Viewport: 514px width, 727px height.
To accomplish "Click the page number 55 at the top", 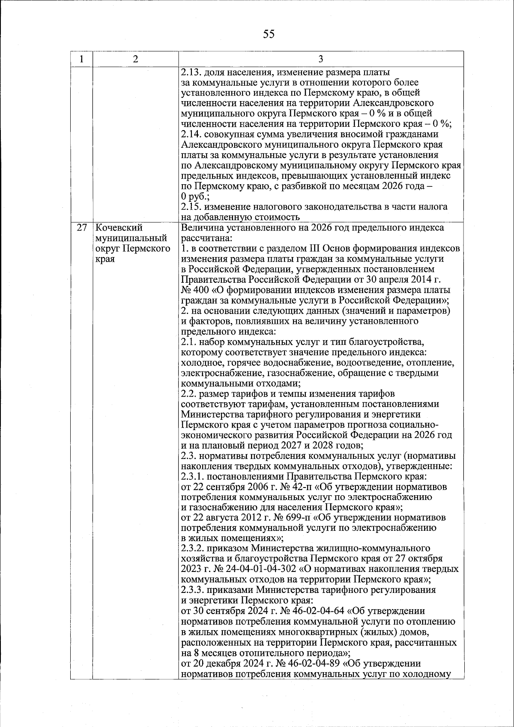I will click(x=269, y=34).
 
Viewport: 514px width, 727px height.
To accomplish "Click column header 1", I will click(x=81, y=59).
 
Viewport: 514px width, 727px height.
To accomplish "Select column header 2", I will click(x=135, y=59).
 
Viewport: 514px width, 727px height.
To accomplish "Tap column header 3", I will click(x=321, y=59).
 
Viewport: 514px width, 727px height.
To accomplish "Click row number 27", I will click(x=81, y=228).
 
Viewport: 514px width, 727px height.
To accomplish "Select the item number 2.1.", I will click(x=189, y=342).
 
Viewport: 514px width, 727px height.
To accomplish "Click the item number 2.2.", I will click(x=189, y=394).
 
